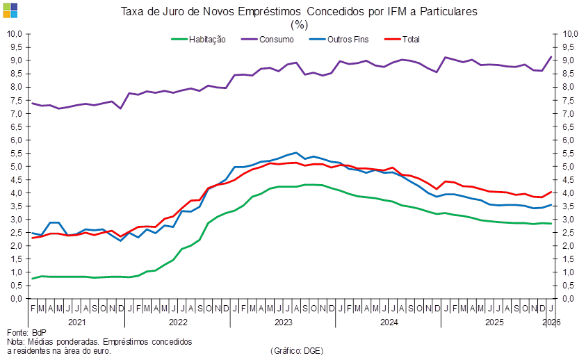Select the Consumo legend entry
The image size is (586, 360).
[275, 39]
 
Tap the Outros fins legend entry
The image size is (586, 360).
[346, 39]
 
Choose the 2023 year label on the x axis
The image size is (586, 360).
[283, 322]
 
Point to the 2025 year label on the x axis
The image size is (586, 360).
[494, 322]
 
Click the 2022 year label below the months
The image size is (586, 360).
[179, 322]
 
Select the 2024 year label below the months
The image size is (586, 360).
[388, 322]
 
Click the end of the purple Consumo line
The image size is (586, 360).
[552, 56]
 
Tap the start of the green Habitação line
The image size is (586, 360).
[32, 279]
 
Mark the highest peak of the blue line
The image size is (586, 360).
[296, 153]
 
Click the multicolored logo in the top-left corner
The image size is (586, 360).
[10, 10]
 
